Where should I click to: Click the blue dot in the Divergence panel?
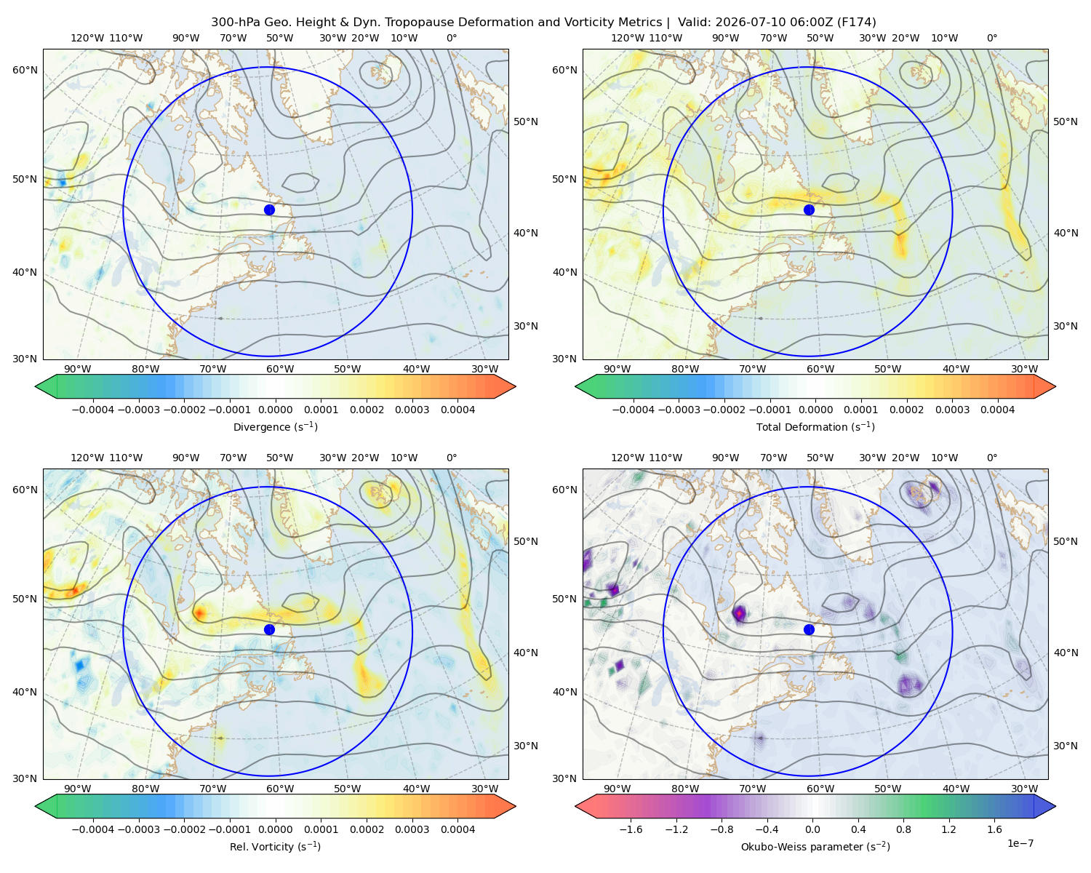pos(269,210)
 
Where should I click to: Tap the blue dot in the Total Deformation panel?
pos(809,210)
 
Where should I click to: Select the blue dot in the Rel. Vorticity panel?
pos(269,629)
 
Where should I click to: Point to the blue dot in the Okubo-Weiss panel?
pos(809,629)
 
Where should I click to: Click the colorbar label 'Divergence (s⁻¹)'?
pos(275,427)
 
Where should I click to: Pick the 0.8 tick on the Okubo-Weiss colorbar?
pos(903,829)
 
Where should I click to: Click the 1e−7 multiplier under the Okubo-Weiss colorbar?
pos(1020,843)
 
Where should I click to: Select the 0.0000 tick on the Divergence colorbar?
pos(275,410)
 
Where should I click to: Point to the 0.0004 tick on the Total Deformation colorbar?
pos(998,410)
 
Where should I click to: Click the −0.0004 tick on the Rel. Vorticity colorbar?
pos(93,829)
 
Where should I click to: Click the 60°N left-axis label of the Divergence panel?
pos(25,70)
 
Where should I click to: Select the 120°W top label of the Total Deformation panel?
pos(628,38)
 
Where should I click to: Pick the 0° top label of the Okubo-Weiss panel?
pos(992,458)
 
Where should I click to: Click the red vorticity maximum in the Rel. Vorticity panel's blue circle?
pos(200,613)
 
